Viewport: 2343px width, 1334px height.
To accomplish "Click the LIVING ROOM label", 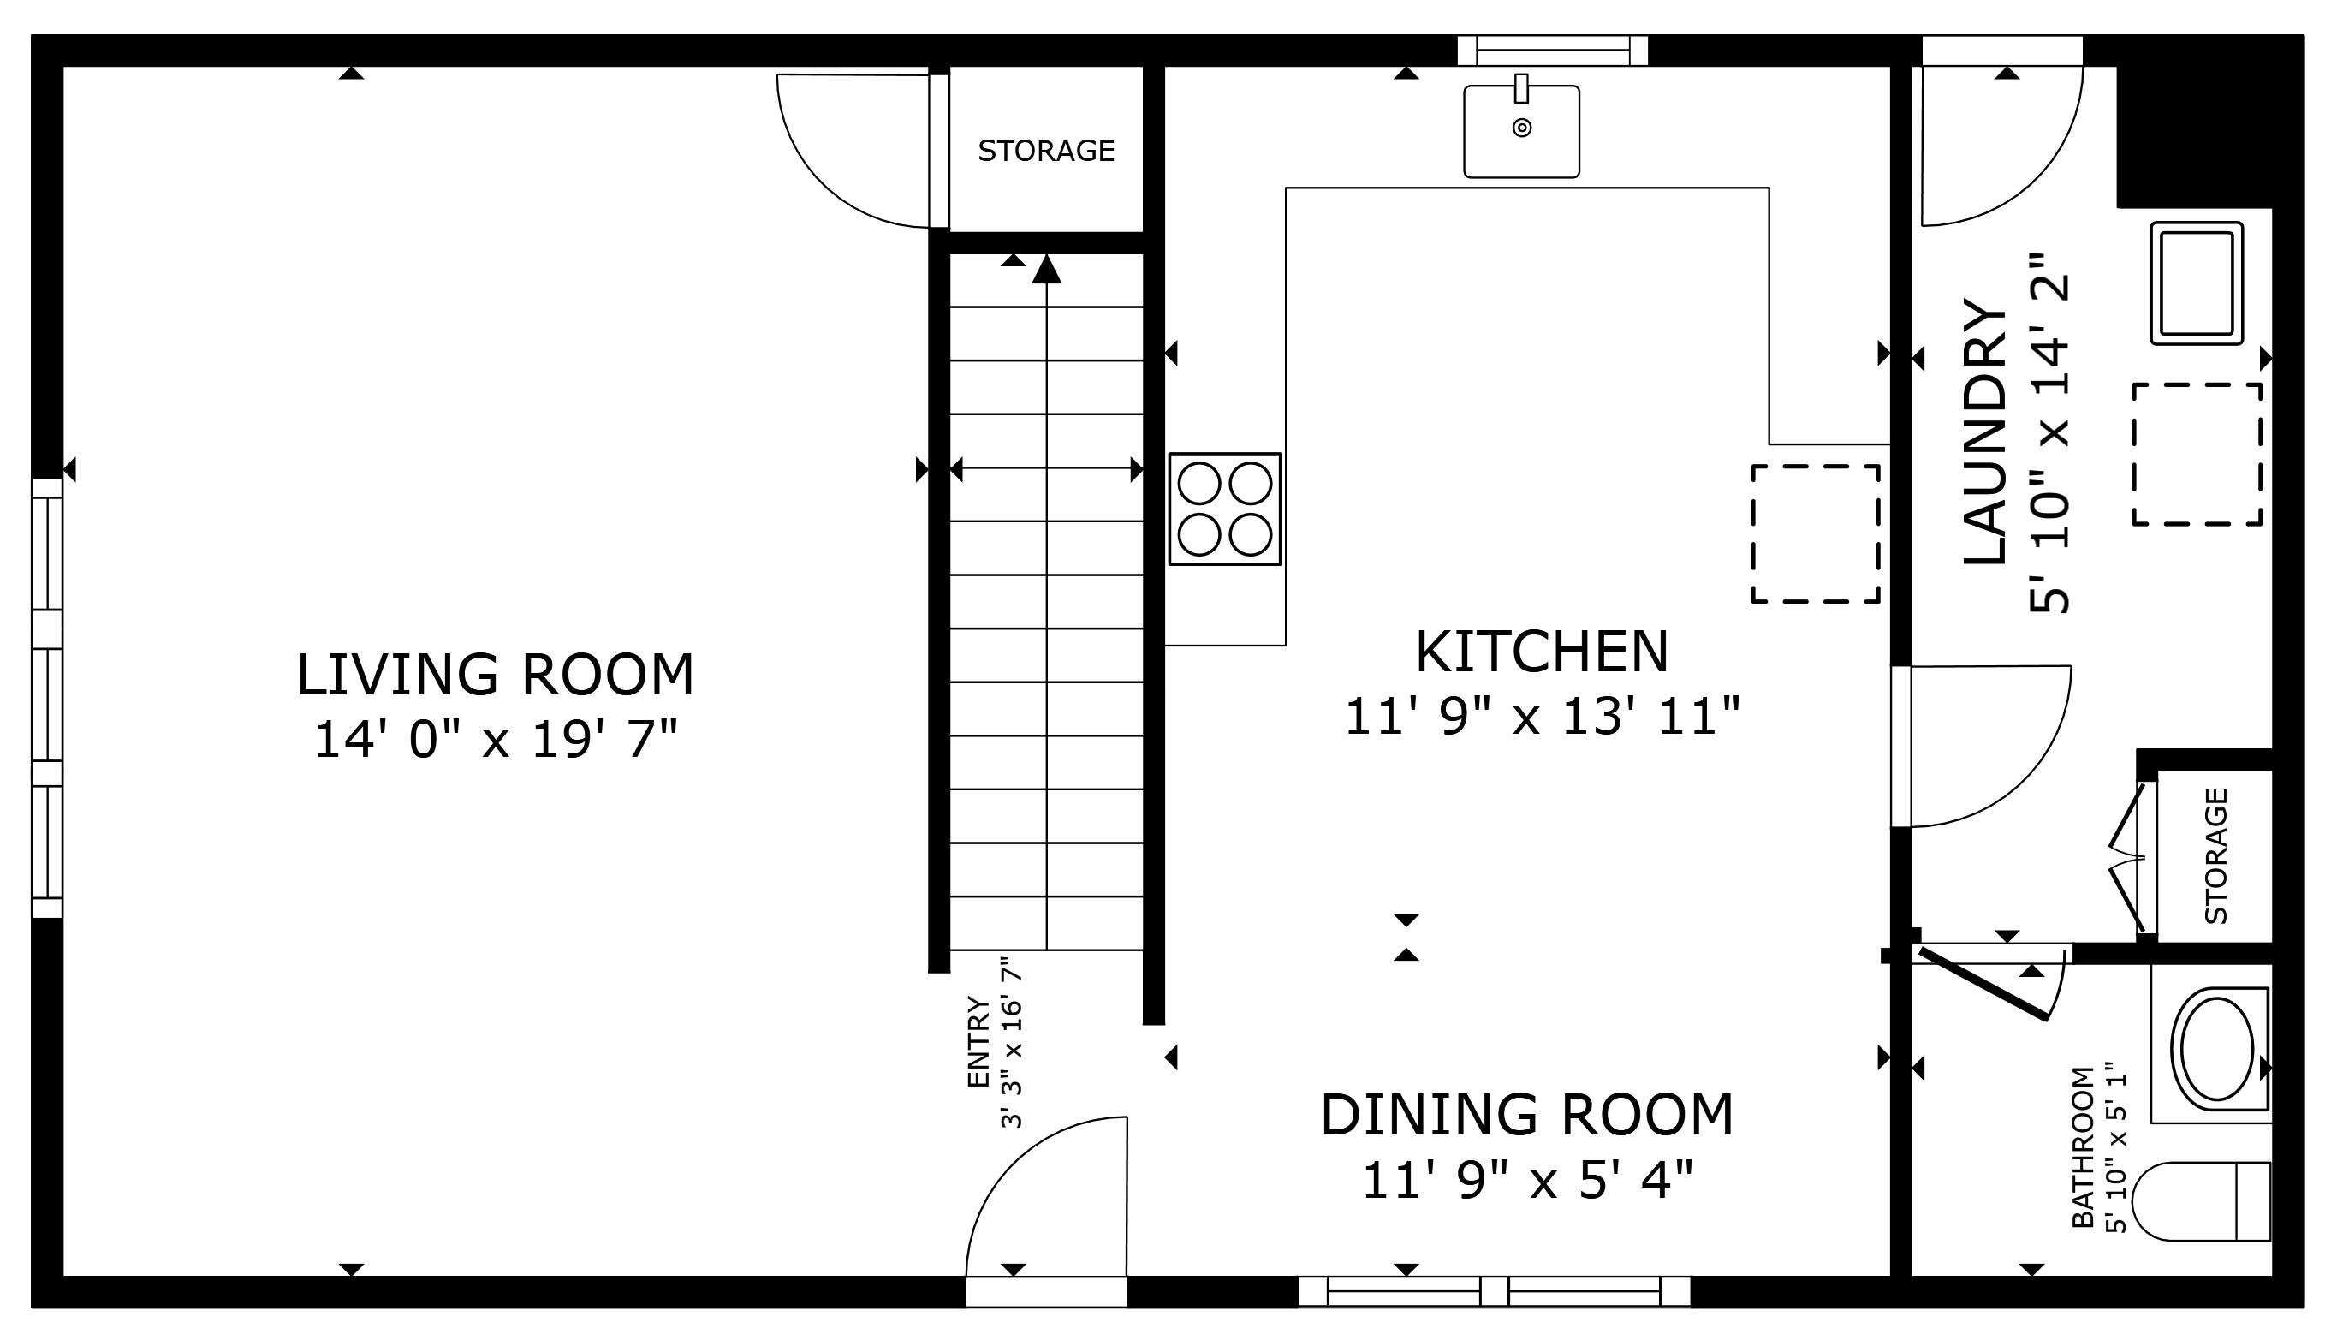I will click(x=495, y=675).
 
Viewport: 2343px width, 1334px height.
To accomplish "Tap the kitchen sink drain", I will click(x=1521, y=128).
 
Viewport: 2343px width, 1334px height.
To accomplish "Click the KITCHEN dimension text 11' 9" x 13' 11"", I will click(x=1541, y=716).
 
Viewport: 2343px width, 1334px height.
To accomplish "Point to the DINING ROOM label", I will click(x=1526, y=1114).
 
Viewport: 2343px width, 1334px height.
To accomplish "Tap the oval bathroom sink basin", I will click(x=2215, y=1050).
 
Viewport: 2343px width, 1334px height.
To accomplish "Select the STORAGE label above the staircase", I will click(x=1046, y=150).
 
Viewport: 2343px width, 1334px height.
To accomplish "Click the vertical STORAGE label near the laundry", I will click(x=2215, y=855).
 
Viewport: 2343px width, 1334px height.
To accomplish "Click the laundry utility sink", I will click(x=2196, y=283).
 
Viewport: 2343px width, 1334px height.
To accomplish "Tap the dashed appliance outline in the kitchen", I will click(x=1815, y=533).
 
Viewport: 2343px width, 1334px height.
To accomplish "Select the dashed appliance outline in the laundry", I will click(x=2197, y=455).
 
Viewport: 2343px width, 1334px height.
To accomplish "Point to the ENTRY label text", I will click(x=979, y=1042).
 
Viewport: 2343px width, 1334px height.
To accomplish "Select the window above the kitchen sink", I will click(x=1553, y=51).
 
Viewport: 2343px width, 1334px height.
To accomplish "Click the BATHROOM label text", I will click(x=2083, y=1146).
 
